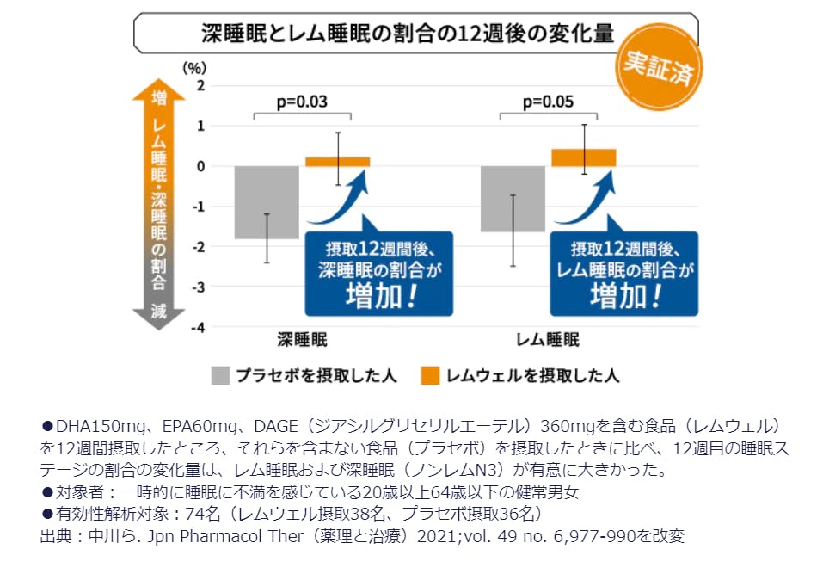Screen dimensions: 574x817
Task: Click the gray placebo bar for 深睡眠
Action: click(267, 202)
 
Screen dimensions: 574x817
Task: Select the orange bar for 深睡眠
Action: click(338, 162)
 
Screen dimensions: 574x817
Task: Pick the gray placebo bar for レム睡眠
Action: click(513, 199)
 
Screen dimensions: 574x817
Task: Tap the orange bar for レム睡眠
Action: click(584, 157)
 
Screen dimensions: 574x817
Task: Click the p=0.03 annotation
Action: click(302, 102)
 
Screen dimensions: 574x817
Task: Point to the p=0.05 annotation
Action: click(549, 102)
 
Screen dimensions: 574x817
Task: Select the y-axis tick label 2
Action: click(201, 85)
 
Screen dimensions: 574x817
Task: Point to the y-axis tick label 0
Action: click(201, 166)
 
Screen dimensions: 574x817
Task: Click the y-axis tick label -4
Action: click(199, 328)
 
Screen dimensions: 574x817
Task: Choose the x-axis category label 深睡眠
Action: click(302, 339)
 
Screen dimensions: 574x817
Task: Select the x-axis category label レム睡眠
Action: click(548, 339)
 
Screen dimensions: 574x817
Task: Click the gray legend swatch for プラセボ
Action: click(221, 375)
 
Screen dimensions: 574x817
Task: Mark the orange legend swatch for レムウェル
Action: click(430, 375)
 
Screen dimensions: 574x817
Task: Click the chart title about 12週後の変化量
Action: click(408, 35)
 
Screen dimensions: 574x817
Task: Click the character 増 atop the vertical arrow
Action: click(159, 98)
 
